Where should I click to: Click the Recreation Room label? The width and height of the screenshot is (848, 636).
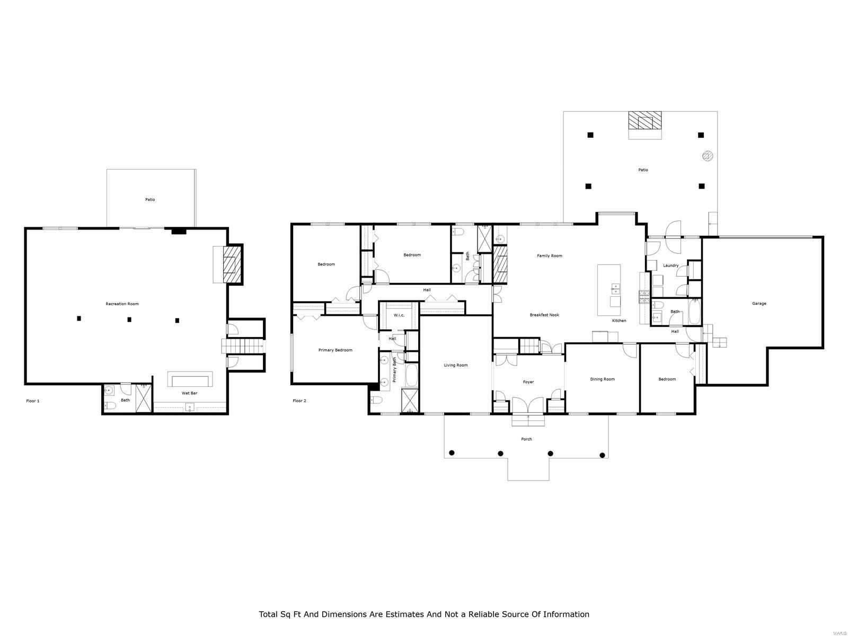click(x=122, y=304)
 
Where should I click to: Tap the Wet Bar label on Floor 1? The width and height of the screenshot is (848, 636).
click(x=190, y=393)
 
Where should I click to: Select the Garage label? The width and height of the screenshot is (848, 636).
click(x=759, y=304)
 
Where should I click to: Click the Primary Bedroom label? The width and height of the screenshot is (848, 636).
click(x=335, y=350)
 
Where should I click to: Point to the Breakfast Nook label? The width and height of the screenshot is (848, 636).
click(x=544, y=315)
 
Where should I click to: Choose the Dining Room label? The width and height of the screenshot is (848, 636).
click(x=603, y=379)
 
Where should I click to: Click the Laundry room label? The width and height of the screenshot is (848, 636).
click(x=670, y=266)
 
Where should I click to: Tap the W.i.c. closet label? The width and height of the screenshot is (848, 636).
click(x=399, y=315)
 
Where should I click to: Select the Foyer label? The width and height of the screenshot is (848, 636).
click(x=528, y=382)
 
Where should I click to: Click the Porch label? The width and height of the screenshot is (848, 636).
click(x=526, y=439)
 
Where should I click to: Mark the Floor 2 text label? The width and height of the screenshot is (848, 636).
click(x=299, y=401)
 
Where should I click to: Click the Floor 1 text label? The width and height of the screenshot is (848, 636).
click(x=33, y=401)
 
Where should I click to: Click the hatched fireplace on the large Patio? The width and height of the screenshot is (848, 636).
click(x=645, y=121)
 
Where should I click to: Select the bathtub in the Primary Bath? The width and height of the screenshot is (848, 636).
click(x=412, y=375)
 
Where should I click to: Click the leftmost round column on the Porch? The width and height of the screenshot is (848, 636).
click(x=452, y=453)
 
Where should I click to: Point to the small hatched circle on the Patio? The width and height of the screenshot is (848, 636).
click(x=708, y=156)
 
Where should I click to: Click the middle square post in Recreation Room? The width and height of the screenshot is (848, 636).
click(x=128, y=320)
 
